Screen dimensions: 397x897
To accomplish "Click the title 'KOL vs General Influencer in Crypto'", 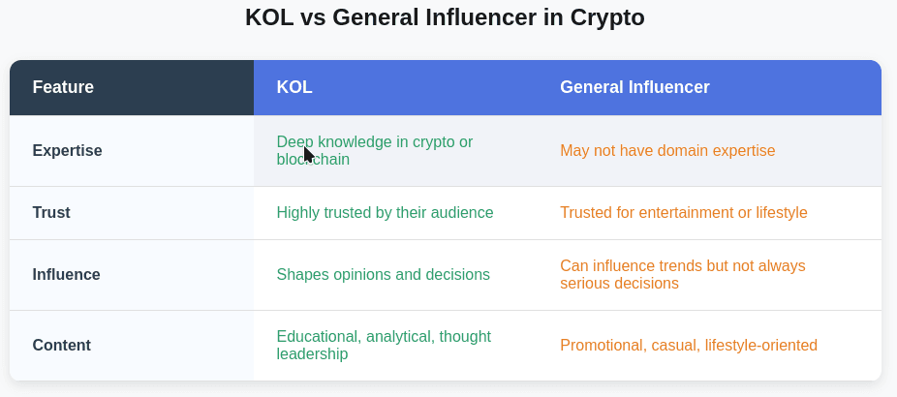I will [445, 17].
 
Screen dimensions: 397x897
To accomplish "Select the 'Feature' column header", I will [63, 87].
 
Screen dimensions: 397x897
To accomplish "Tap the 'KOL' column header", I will [294, 87].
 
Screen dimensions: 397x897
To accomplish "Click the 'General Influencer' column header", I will [634, 87].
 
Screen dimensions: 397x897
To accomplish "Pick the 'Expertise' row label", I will [67, 150].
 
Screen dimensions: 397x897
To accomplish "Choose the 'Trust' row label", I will [51, 212].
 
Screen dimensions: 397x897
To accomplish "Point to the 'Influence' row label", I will [66, 274].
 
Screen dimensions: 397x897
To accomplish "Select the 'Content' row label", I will [61, 345].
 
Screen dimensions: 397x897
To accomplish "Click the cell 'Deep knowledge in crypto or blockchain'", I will [374, 150].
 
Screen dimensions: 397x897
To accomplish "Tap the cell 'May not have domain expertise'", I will [667, 150].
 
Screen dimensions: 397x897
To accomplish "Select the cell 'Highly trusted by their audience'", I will [385, 212].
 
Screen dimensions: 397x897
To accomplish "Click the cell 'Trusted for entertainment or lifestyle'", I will [683, 212].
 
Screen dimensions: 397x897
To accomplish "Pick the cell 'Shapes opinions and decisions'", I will [383, 274].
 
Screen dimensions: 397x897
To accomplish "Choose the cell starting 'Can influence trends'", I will [682, 274].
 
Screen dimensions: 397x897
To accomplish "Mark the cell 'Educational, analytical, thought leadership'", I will [383, 345].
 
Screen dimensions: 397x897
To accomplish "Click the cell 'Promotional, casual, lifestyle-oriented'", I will [688, 345].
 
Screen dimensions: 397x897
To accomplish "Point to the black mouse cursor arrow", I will [308, 155].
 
